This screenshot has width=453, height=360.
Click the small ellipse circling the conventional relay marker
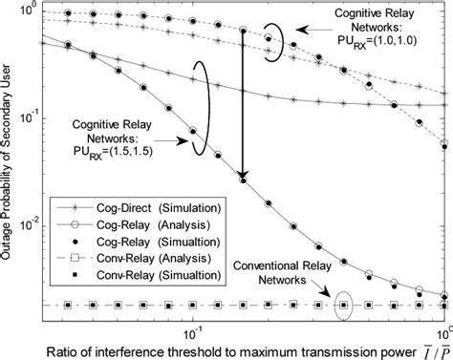(344, 306)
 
